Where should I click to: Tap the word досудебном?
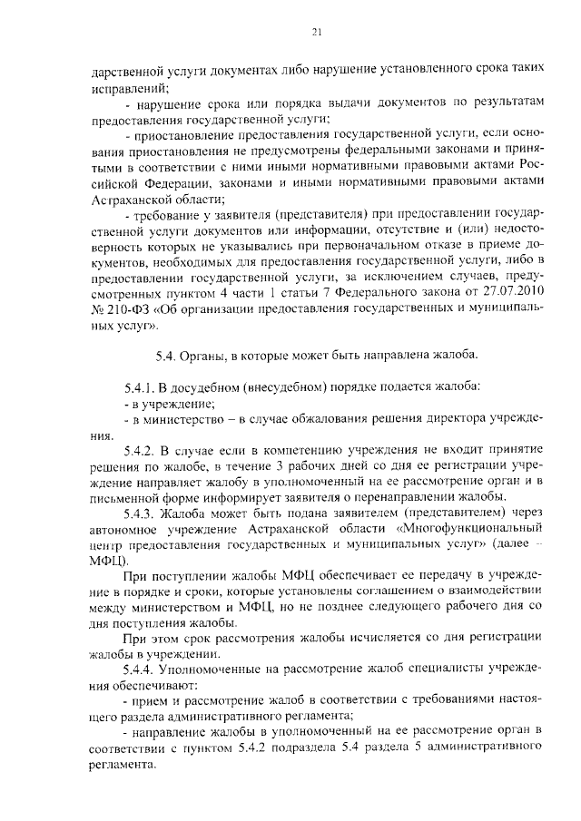(x=202, y=386)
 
